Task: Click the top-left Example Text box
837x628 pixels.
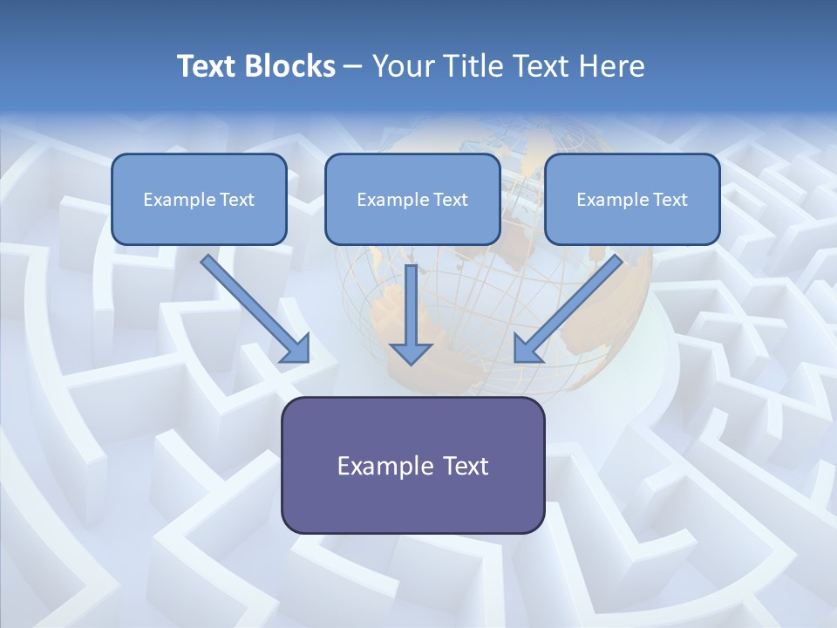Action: [199, 199]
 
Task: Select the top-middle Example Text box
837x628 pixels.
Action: [412, 199]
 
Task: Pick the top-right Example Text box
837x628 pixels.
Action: [632, 199]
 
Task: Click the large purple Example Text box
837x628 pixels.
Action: [412, 465]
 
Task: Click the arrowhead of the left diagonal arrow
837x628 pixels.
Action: [296, 349]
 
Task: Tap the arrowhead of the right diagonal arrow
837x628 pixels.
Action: [527, 349]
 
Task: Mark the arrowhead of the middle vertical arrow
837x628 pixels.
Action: [411, 352]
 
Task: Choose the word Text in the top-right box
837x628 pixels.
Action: [670, 200]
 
